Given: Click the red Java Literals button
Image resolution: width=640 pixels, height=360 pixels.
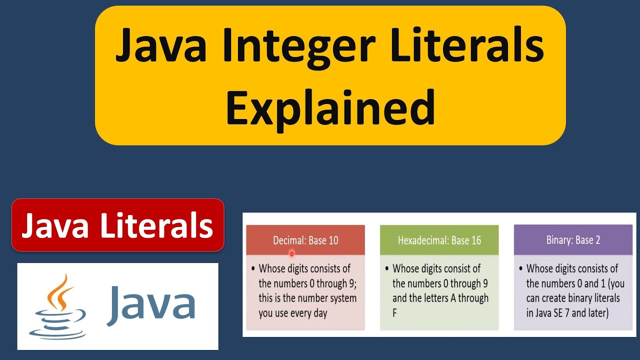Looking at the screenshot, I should tap(117, 225).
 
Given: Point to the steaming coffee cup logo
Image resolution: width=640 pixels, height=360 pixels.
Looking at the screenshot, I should tap(56, 306).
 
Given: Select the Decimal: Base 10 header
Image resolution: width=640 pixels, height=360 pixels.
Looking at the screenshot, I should tap(305, 240).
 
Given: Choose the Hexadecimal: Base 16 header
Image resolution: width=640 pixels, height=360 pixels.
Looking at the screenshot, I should tap(439, 240).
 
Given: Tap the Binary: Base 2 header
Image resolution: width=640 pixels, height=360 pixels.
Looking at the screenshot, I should tap(573, 240).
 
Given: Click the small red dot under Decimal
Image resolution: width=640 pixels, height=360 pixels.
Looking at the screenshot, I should tap(291, 254).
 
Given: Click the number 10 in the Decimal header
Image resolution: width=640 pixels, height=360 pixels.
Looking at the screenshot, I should tap(332, 240).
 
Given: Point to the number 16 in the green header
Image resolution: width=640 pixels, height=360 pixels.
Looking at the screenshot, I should tap(475, 240).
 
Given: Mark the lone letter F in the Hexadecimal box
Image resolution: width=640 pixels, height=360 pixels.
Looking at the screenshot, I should tap(394, 314).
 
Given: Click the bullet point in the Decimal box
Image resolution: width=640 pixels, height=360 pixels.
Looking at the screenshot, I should tap(253, 269).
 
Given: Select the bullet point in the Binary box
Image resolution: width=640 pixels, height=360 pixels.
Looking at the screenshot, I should tap(521, 269).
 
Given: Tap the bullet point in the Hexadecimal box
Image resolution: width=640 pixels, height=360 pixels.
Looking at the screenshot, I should tap(387, 269).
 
